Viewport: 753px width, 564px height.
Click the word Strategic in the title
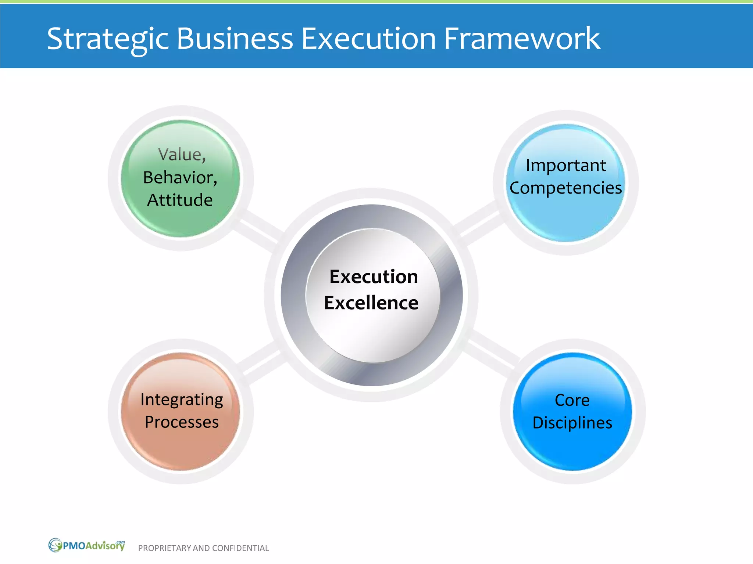(x=107, y=39)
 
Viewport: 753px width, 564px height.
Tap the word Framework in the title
(x=522, y=39)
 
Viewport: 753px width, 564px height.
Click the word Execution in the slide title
(x=368, y=39)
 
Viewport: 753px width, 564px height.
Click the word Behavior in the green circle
(x=180, y=178)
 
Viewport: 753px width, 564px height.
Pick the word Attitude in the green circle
(x=180, y=200)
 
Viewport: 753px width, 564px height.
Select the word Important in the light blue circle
(x=565, y=166)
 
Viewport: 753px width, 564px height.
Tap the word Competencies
(x=565, y=188)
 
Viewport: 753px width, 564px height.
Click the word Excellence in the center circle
(x=371, y=303)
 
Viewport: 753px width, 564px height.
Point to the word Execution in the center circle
(x=374, y=276)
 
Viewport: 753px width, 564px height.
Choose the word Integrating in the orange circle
(x=182, y=399)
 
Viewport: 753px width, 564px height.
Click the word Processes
(x=182, y=422)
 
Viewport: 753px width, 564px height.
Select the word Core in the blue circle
(x=572, y=400)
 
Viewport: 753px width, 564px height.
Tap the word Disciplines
(x=572, y=423)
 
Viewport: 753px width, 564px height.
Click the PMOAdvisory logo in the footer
(x=87, y=546)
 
